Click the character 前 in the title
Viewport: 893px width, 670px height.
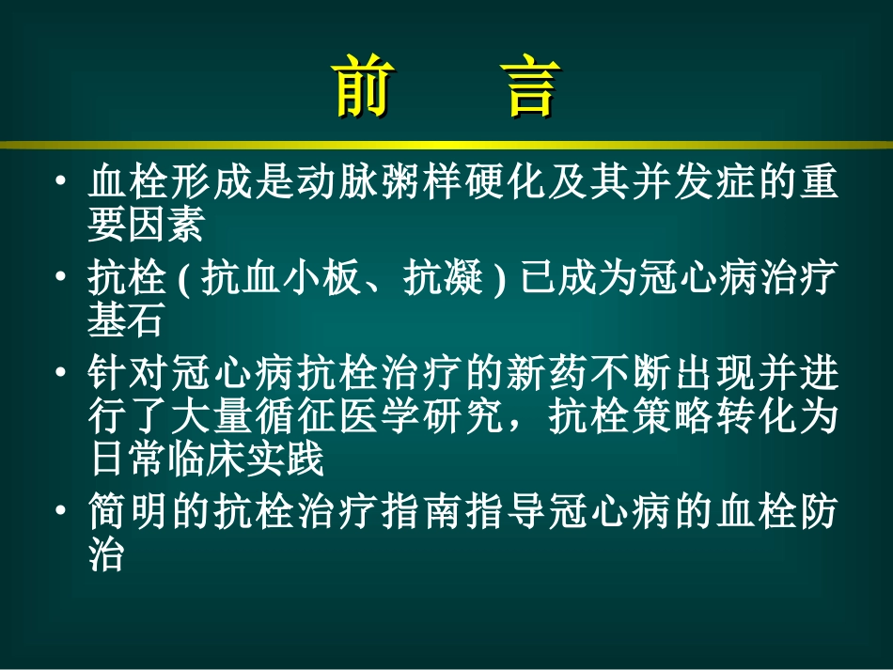[362, 90]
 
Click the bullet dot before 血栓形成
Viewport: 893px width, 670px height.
[62, 180]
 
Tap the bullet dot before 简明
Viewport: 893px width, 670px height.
[62, 511]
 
